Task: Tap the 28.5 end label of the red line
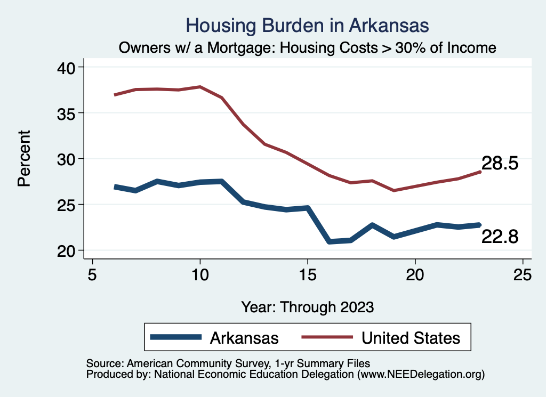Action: point(500,164)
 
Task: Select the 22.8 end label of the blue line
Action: point(500,237)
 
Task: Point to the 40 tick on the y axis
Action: point(68,67)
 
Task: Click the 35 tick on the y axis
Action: point(68,113)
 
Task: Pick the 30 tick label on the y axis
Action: point(68,159)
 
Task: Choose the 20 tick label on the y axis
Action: point(68,250)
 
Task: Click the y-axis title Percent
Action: point(23,159)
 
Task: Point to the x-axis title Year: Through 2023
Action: point(308,307)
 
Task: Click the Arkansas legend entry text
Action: point(244,337)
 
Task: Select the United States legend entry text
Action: point(411,337)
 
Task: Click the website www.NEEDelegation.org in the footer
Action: point(421,375)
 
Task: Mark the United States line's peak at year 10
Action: point(200,86)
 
